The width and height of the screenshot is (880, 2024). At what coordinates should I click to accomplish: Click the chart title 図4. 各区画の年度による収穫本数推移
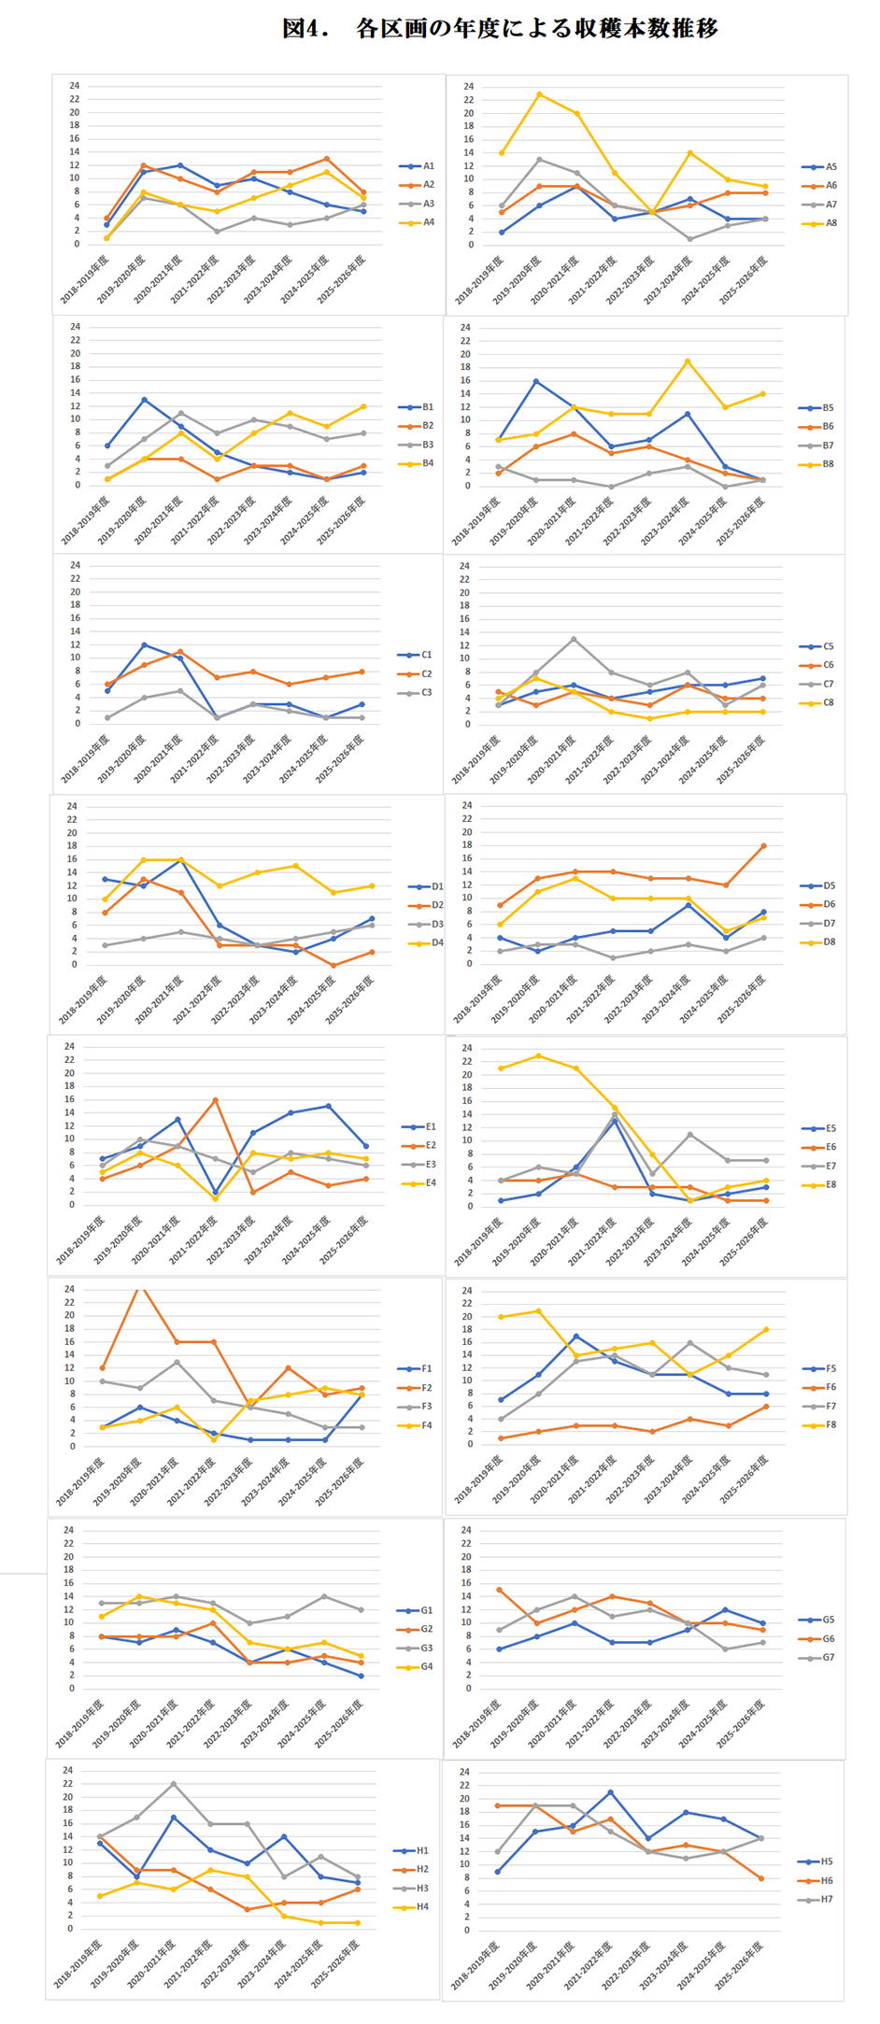coord(500,29)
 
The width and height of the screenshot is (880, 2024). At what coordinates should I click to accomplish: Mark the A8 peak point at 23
coord(539,94)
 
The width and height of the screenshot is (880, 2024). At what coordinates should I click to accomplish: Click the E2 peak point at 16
coord(215,1099)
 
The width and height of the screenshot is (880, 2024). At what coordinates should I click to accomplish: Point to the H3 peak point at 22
coord(174,1783)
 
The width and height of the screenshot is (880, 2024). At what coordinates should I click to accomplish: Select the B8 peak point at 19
coord(688,361)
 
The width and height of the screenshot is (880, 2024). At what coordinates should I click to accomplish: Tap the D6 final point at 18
coord(763,845)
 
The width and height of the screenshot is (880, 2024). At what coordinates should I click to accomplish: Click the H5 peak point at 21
coord(610,1792)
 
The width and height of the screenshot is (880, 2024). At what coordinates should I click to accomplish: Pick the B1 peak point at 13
coord(144,400)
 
